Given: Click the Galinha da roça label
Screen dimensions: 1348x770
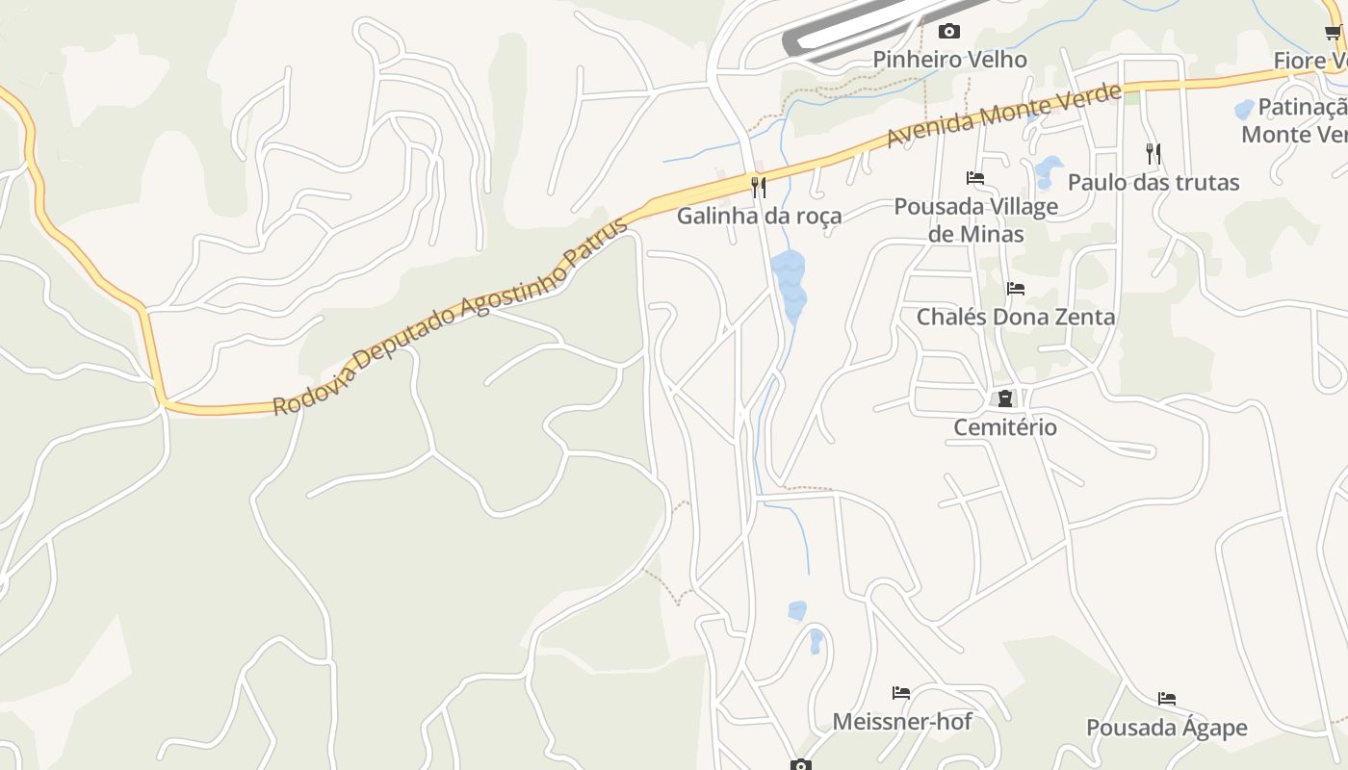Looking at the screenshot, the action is coord(759,216).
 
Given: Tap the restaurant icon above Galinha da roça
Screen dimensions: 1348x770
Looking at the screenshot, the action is coord(759,187).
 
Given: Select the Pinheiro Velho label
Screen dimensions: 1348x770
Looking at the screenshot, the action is coord(949,60).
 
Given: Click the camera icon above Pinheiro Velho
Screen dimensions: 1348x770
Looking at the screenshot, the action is coord(948,32).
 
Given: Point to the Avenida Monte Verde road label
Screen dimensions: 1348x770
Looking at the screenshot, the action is coord(1003,115).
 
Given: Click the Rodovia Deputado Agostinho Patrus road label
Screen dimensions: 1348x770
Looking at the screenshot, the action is coord(450,317).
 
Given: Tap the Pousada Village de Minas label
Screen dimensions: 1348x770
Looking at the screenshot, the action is coord(975,219).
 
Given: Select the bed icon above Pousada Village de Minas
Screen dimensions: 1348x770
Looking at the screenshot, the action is coord(975,178).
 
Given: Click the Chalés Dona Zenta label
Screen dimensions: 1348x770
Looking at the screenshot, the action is coord(1016,317).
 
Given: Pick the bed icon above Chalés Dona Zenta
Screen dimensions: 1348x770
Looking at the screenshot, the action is coord(1015,289).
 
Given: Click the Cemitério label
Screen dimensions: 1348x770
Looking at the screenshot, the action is coord(1005,426).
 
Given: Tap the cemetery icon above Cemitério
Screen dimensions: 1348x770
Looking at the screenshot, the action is coord(1005,398).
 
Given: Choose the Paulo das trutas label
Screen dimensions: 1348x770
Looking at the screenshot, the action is coord(1154,182).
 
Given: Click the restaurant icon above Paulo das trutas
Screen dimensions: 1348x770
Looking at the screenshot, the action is coord(1153,153).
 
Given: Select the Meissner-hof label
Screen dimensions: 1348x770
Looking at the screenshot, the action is coord(902,721).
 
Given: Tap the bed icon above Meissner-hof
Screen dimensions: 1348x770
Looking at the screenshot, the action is coord(901,693).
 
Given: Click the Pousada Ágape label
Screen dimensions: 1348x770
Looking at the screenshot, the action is coord(1167,728).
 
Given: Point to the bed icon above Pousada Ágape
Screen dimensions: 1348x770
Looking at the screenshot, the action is coord(1167,699).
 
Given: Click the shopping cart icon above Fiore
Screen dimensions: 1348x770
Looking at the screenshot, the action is coord(1333,33).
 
